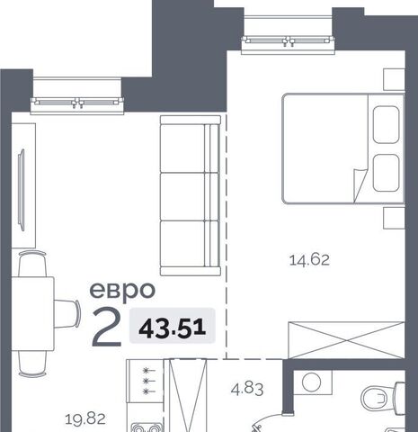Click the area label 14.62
point(309,260)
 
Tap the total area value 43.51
point(173,328)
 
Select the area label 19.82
point(85,418)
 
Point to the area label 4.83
point(247,389)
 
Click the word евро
point(122,290)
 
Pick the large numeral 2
point(107,328)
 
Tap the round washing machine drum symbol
point(312,382)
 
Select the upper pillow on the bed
point(387,125)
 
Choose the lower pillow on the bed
point(387,173)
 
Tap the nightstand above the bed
point(394,79)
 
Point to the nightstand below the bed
point(394,218)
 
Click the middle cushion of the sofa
point(190,196)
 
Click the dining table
point(32,313)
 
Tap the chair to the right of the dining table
point(67,313)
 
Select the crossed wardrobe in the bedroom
point(346,340)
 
